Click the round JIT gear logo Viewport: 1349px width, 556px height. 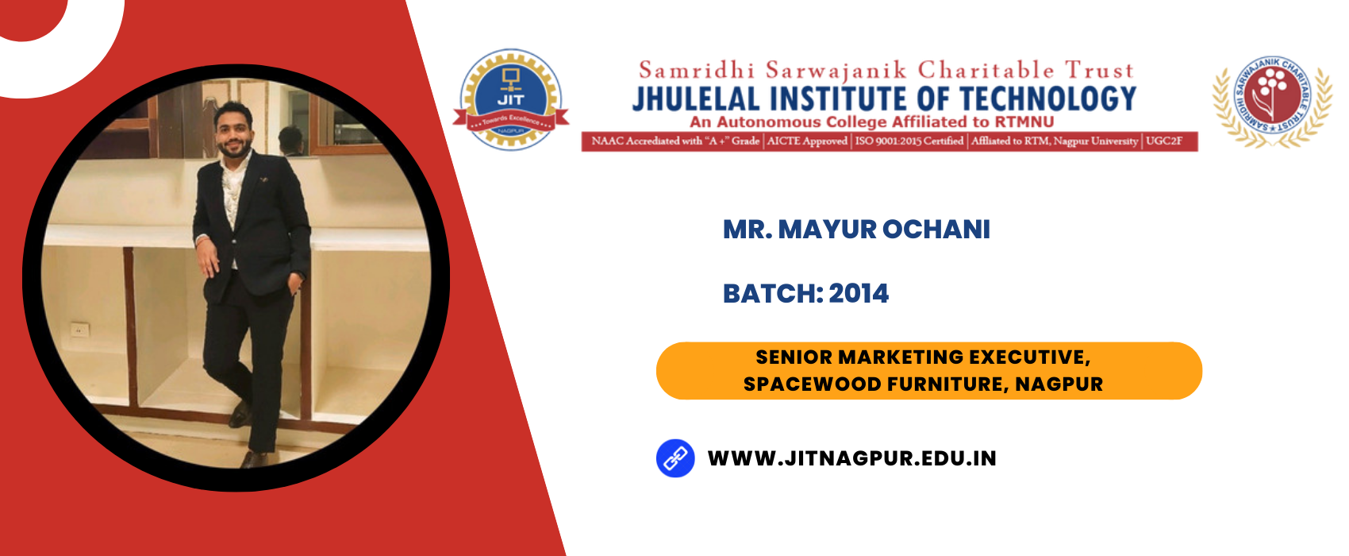511,99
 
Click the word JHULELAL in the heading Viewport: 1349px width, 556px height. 696,99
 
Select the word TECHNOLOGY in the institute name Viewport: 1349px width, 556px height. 1048,99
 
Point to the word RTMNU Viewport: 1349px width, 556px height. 1024,122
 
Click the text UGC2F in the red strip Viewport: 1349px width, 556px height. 1163,141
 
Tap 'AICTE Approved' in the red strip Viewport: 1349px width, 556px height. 807,141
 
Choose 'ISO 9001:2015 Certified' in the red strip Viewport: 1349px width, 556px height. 909,141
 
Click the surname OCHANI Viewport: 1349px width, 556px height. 936,230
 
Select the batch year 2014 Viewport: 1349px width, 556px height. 858,294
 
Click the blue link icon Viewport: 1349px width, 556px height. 675,458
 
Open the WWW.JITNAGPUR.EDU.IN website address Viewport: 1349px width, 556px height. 851,458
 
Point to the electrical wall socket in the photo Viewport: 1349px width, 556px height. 79,330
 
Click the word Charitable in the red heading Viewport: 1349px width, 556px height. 986,71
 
